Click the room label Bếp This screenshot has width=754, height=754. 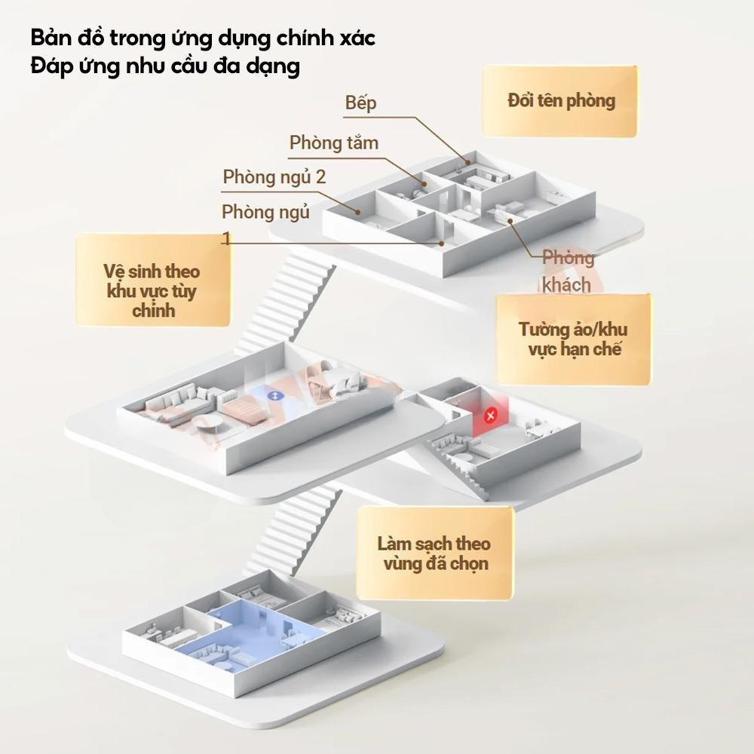pyautogui.click(x=360, y=103)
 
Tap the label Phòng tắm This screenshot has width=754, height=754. pyautogui.click(x=334, y=143)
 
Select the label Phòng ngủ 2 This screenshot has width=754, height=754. pyautogui.click(x=274, y=177)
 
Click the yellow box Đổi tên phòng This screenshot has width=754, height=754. pyautogui.click(x=560, y=101)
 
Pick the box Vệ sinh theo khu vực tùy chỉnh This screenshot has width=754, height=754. pyautogui.click(x=153, y=280)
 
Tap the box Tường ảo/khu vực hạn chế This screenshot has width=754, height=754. pyautogui.click(x=574, y=339)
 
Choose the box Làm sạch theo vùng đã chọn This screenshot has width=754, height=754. pyautogui.click(x=435, y=553)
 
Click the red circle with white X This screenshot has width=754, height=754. pyautogui.click(x=491, y=415)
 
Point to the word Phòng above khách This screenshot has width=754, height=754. pyautogui.click(x=569, y=258)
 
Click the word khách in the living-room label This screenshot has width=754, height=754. pyautogui.click(x=566, y=285)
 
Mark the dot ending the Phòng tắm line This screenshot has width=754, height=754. pyautogui.click(x=425, y=184)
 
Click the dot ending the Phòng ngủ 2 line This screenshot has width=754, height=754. pyautogui.click(x=357, y=212)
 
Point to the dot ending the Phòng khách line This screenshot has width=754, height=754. pyautogui.click(x=510, y=221)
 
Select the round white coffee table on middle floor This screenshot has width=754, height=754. pyautogui.click(x=208, y=424)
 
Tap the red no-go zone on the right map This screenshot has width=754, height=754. pyautogui.click(x=489, y=416)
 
